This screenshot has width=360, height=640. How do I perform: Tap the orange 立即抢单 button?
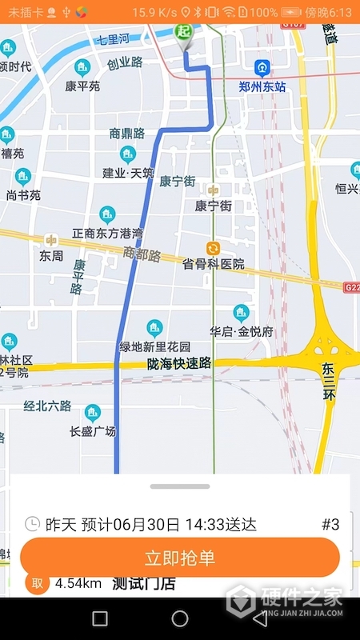[x=180, y=558]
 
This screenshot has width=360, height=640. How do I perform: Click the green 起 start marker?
[x=185, y=32]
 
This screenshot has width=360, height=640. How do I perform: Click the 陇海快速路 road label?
[x=179, y=363]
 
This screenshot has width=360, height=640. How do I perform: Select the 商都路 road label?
[x=142, y=255]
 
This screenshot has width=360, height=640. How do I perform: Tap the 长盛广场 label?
[x=93, y=431]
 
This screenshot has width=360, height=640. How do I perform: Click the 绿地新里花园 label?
[x=154, y=346]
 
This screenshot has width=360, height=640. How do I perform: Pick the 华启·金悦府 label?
[x=241, y=330]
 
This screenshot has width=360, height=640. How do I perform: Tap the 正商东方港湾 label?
[x=107, y=233]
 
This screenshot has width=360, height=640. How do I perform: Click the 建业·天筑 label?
[x=127, y=173]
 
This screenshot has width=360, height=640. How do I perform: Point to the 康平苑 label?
[x=82, y=86]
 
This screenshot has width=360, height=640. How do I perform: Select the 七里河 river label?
[x=114, y=39]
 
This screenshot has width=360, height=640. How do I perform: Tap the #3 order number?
[x=330, y=525]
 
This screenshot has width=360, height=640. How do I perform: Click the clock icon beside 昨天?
[x=32, y=524]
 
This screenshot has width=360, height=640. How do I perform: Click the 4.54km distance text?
[x=78, y=583]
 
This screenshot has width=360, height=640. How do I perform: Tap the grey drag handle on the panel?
[x=180, y=486]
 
